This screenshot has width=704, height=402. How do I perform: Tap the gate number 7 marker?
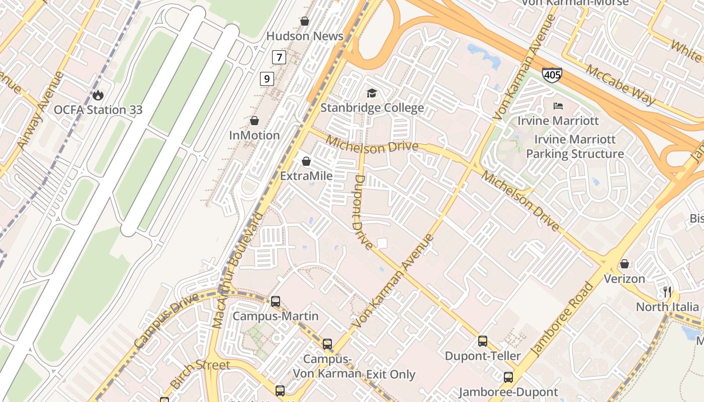click(x=279, y=57)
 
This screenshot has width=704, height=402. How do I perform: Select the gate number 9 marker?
click(x=267, y=78)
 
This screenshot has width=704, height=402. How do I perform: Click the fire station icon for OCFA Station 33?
click(x=98, y=94)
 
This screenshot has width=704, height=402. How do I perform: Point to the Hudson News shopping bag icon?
click(x=304, y=21)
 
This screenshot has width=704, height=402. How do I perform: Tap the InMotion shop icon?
click(x=254, y=121)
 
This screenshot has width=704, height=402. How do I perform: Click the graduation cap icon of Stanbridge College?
click(x=372, y=93)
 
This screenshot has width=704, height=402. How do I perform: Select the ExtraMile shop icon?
click(x=306, y=161)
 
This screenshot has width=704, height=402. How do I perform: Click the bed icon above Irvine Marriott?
click(x=558, y=106)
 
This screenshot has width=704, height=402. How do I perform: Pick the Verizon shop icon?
click(x=624, y=264)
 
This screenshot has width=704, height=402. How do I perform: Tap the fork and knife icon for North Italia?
click(x=667, y=291)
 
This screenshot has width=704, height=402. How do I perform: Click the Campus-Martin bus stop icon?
click(x=275, y=301)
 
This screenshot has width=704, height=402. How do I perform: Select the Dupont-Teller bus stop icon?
click(x=483, y=341)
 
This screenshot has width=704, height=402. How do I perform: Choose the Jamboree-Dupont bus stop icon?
click(x=508, y=377)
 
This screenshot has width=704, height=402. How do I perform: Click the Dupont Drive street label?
click(x=363, y=211)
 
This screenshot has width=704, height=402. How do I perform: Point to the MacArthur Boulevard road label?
click(x=239, y=270)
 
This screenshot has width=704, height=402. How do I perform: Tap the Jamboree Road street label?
click(x=562, y=320)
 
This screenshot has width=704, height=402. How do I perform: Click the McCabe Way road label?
click(x=621, y=85)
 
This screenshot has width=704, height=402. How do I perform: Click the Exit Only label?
click(x=391, y=374)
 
